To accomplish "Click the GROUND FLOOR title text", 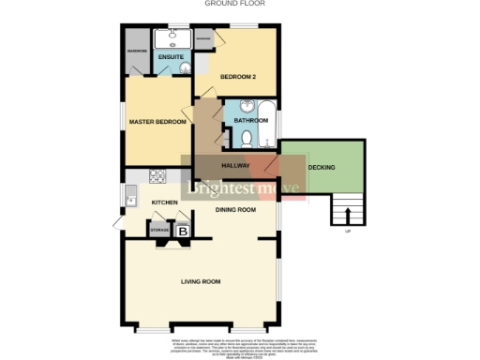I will (234, 4).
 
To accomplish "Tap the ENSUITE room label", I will (170, 58).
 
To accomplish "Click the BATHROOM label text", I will (250, 120).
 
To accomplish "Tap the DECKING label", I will (322, 166).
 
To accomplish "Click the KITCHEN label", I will (166, 202).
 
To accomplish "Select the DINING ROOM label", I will (235, 209).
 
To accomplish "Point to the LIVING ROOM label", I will (201, 281).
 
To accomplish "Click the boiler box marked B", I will (184, 230).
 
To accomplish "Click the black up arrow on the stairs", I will (347, 215).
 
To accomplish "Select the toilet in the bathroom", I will (247, 139).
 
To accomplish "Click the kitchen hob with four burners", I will (157, 175).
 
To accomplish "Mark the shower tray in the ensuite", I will (171, 38).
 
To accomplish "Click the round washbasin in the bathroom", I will (247, 105).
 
